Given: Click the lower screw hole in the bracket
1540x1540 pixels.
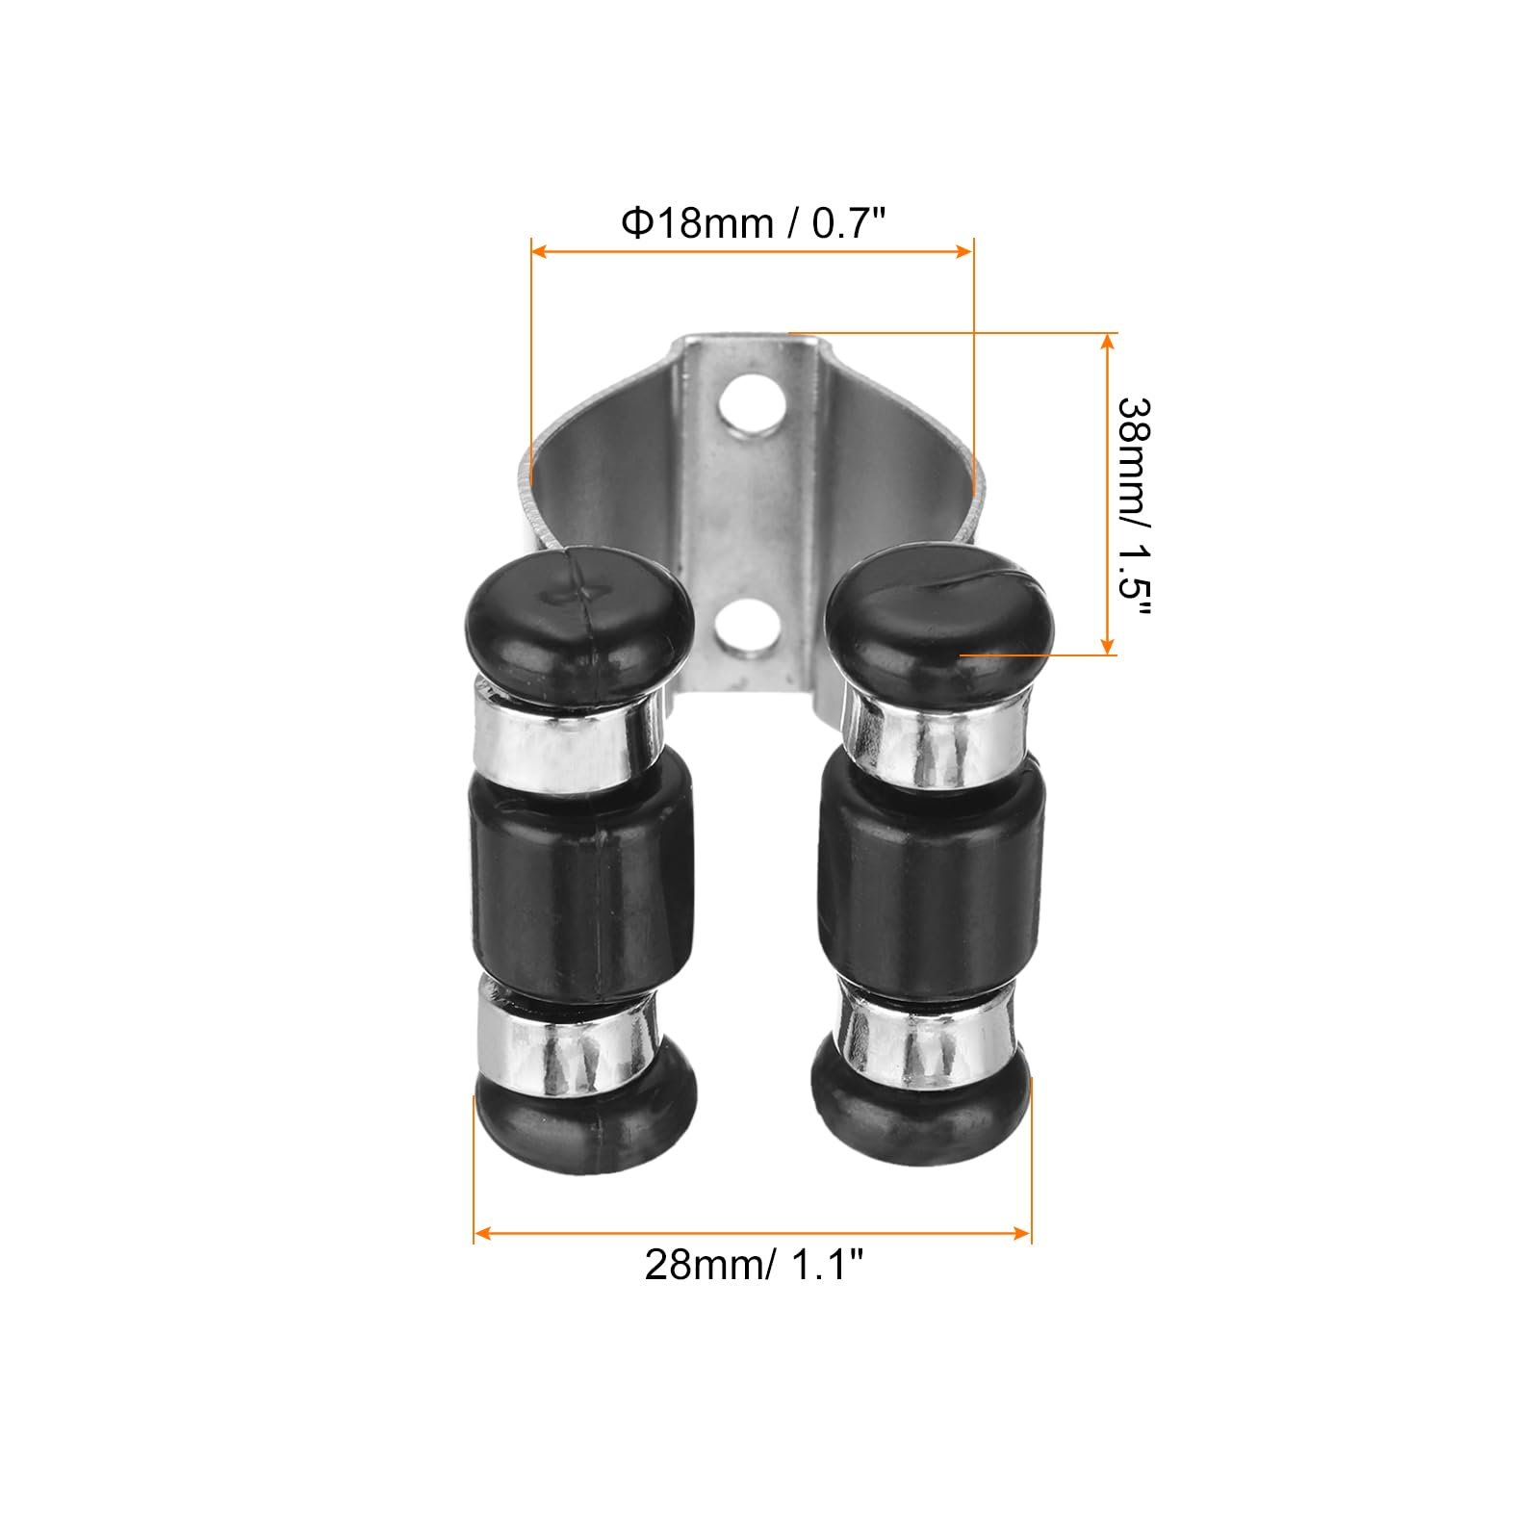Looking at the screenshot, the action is [748, 627].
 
